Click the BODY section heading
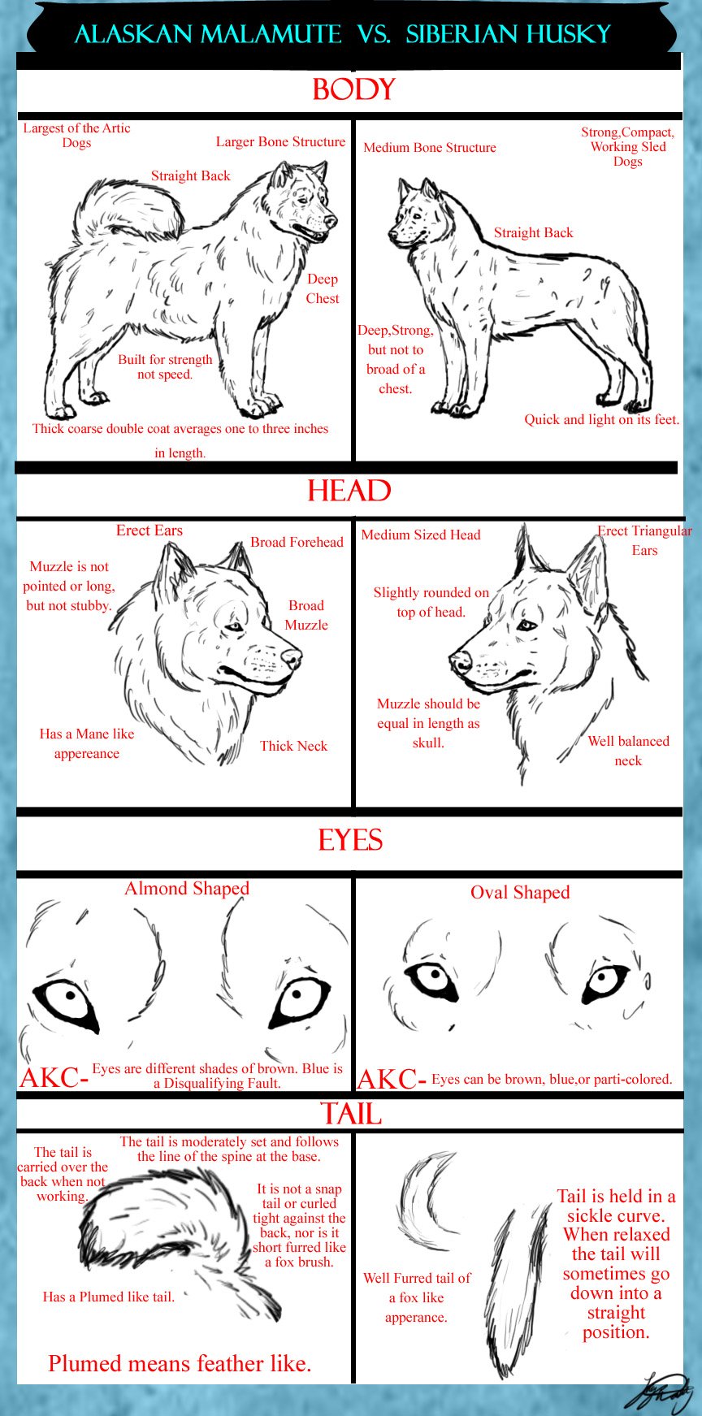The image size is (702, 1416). pyautogui.click(x=353, y=89)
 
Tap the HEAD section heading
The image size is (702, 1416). pyautogui.click(x=349, y=491)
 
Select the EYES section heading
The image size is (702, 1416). pyautogui.click(x=350, y=840)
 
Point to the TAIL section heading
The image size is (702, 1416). pyautogui.click(x=351, y=1113)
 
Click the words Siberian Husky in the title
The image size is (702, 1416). pyautogui.click(x=509, y=34)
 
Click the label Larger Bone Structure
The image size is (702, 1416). pyautogui.click(x=280, y=141)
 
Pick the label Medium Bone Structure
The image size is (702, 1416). pyautogui.click(x=430, y=147)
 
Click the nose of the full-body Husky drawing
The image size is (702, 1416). pyautogui.click(x=392, y=236)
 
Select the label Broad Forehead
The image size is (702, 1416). pyautogui.click(x=297, y=542)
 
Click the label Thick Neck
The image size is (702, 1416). pyautogui.click(x=293, y=746)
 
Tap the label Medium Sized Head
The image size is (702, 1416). pyautogui.click(x=421, y=535)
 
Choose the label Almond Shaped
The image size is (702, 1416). pyautogui.click(x=187, y=889)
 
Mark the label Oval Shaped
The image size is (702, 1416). pyautogui.click(x=520, y=892)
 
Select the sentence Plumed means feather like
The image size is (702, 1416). pyautogui.click(x=180, y=1363)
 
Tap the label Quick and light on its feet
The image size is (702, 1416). pyautogui.click(x=601, y=419)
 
